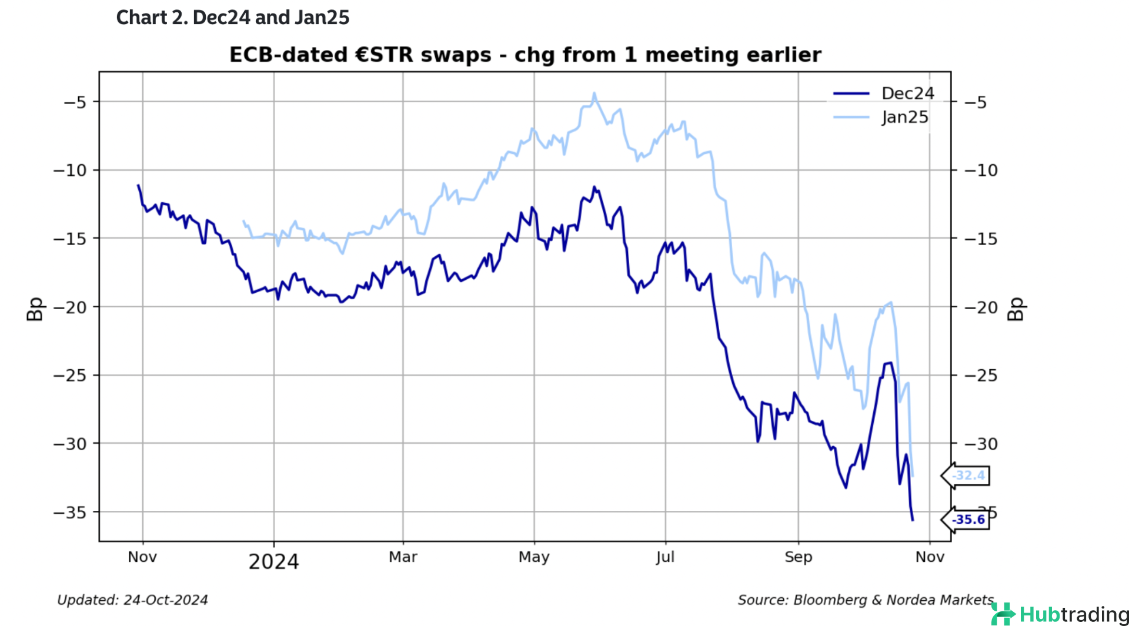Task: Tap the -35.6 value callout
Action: [968, 520]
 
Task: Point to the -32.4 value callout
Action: [968, 475]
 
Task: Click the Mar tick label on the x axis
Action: [403, 557]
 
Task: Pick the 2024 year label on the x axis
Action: [273, 562]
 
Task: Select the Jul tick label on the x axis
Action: [665, 557]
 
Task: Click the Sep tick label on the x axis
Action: [798, 557]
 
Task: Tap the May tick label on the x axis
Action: [534, 557]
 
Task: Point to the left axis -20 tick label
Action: [70, 307]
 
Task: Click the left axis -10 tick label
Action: [70, 170]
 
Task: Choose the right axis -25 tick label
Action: [981, 375]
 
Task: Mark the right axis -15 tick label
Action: [981, 239]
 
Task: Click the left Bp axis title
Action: [35, 309]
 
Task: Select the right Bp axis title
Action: [1016, 309]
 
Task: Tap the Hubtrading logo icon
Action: [1003, 614]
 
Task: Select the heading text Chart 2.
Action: [152, 18]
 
